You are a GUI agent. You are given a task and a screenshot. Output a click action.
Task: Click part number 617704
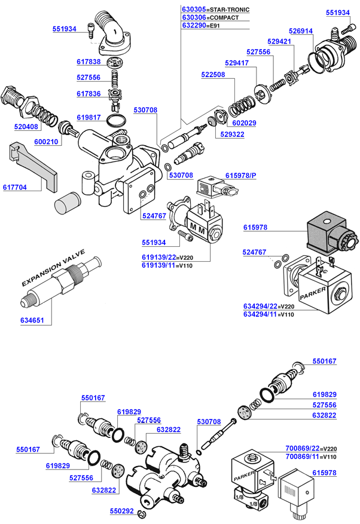(15, 187)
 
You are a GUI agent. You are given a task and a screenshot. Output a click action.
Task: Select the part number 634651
(32, 320)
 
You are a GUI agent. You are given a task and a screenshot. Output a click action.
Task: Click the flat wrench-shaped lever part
(33, 167)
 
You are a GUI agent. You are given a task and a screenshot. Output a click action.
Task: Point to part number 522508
(213, 75)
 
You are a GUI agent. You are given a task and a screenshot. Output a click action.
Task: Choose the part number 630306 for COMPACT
(194, 17)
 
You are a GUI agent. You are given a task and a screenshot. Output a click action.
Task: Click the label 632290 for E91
(194, 26)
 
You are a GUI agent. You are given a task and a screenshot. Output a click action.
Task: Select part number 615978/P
(240, 176)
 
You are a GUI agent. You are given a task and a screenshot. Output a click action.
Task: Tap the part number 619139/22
(159, 258)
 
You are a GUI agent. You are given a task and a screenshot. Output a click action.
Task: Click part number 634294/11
(260, 314)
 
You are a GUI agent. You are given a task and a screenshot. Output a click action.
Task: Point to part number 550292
(122, 511)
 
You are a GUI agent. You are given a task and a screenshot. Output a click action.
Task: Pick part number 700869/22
(303, 449)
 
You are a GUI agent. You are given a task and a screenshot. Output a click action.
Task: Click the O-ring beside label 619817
(117, 120)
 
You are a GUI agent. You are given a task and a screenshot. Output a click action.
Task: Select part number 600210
(46, 142)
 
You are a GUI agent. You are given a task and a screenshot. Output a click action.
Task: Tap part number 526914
(301, 31)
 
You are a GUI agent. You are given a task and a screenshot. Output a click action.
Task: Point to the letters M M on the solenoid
(198, 228)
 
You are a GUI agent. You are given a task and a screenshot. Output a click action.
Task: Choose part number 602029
(244, 123)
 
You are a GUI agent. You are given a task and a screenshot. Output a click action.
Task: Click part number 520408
(26, 127)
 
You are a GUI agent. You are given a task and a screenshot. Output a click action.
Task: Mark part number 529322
(232, 134)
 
